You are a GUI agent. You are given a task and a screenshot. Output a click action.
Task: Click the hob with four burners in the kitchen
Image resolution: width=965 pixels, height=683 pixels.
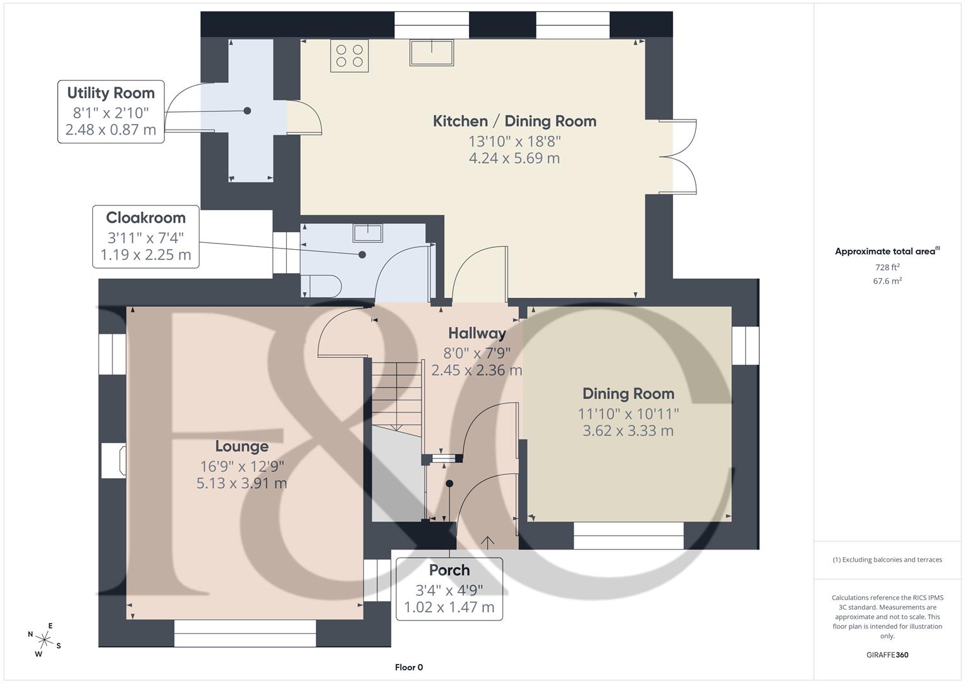[x=349, y=55]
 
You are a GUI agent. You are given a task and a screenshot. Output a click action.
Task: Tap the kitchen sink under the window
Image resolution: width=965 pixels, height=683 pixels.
[x=432, y=52]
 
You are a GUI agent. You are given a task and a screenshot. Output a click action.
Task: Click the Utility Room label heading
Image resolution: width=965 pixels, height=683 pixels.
[x=111, y=93]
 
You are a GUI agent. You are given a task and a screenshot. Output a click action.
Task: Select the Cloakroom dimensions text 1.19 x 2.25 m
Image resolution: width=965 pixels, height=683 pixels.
[x=145, y=255]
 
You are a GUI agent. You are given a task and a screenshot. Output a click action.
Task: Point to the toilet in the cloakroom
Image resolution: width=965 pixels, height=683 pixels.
[x=322, y=285]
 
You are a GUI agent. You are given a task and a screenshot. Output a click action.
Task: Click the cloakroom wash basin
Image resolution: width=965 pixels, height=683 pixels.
[x=367, y=233]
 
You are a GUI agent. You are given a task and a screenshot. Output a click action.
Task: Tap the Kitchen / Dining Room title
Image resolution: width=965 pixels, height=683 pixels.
[x=514, y=121]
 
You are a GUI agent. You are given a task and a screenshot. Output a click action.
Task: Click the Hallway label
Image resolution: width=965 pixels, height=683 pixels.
[x=477, y=333]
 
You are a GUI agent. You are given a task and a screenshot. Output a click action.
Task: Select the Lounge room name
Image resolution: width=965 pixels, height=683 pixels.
[x=241, y=446]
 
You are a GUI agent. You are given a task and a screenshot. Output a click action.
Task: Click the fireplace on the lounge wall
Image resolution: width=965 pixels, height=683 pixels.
[x=114, y=459]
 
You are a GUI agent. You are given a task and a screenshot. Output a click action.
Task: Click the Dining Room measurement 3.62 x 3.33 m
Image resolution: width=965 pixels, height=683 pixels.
[x=628, y=431]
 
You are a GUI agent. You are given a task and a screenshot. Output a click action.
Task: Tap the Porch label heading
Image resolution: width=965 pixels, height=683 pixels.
[x=449, y=570]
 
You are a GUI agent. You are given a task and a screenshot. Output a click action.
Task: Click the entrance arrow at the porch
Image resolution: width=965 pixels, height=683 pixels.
[x=488, y=542]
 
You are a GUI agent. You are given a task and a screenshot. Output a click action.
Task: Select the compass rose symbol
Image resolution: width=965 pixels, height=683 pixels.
[x=44, y=638]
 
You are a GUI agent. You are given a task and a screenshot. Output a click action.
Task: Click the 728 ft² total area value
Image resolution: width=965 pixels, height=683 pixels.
[x=887, y=268]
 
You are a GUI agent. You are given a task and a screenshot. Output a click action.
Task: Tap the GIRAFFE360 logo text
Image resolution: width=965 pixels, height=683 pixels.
[x=887, y=655]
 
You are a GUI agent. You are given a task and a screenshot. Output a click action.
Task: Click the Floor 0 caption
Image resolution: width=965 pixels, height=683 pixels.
[x=408, y=667]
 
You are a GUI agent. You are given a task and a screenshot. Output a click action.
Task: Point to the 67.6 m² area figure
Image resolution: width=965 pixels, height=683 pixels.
[x=887, y=281]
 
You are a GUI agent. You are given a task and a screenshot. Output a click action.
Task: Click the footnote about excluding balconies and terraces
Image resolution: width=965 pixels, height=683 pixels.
[x=887, y=560]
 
